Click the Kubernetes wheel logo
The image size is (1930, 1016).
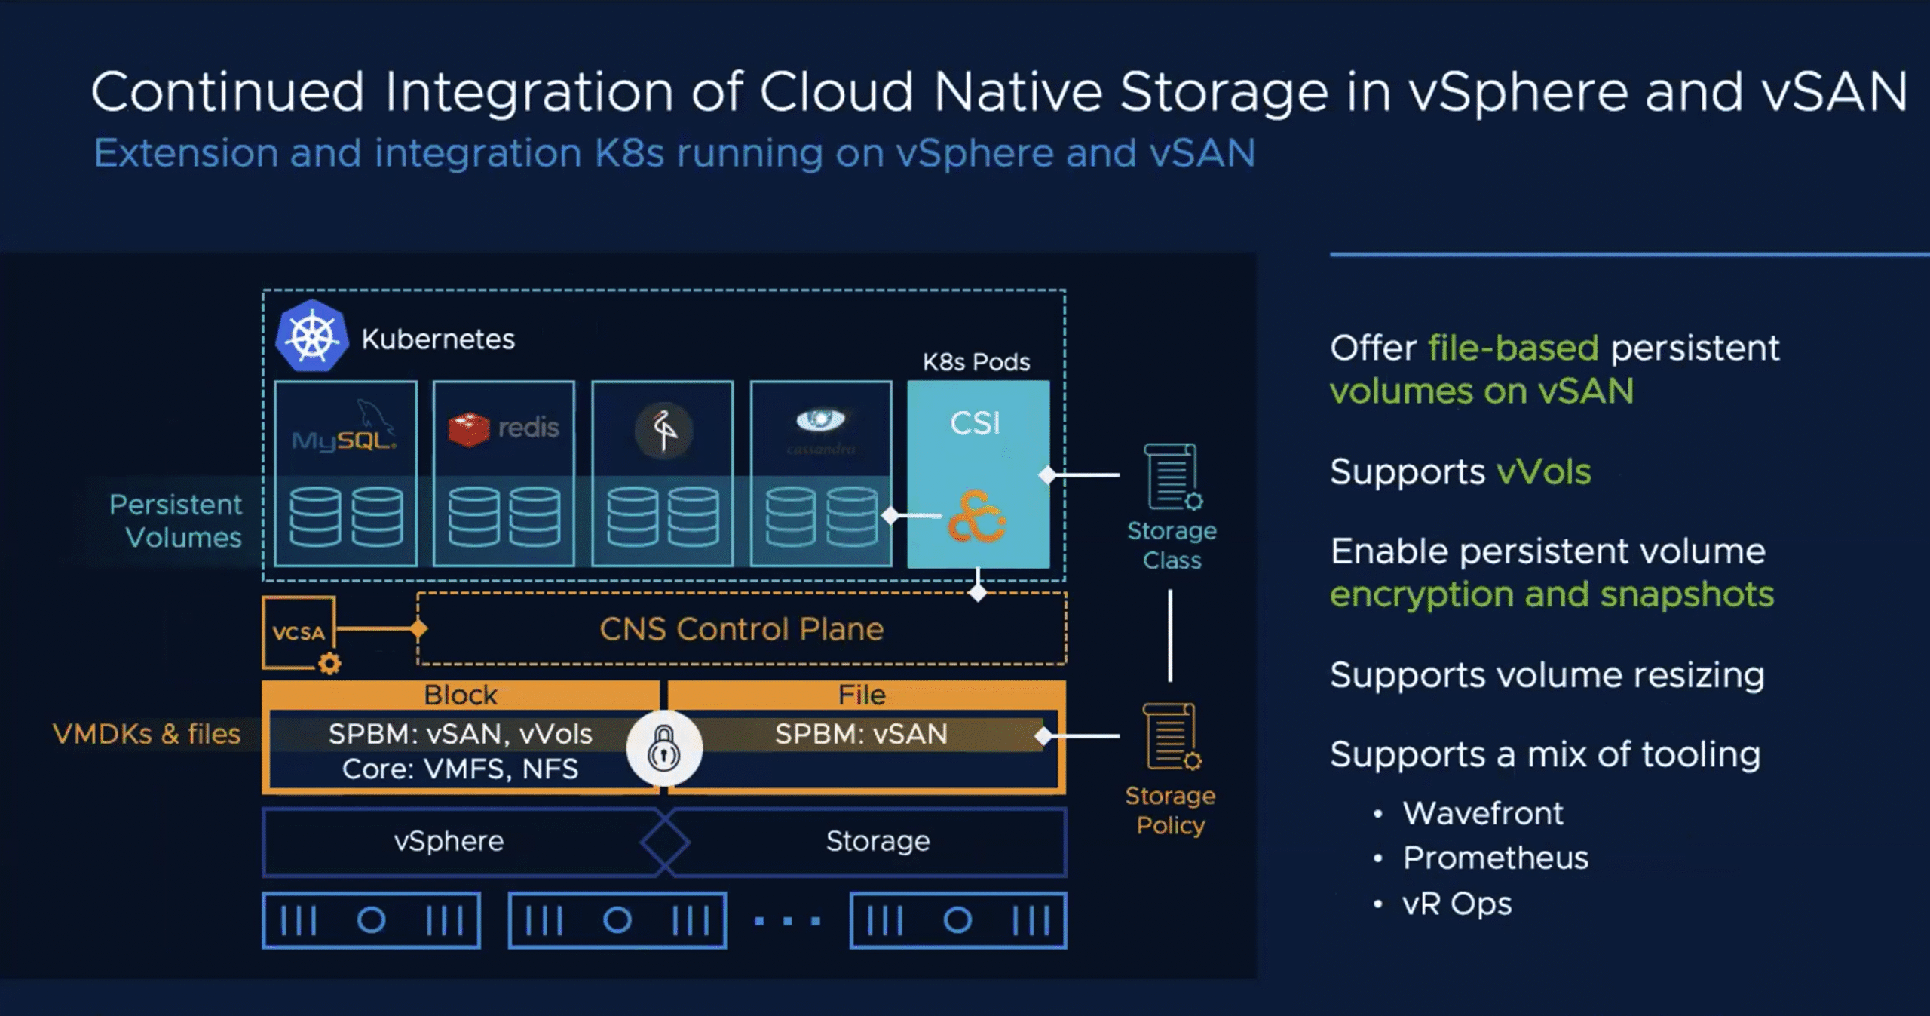(x=312, y=336)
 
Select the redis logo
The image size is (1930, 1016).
(x=504, y=428)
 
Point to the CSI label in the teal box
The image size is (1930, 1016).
(x=976, y=423)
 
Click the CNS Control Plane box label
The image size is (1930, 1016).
(x=741, y=629)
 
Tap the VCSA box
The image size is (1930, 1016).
(x=299, y=632)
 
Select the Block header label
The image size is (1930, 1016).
(x=461, y=695)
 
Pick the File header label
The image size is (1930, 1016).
(x=862, y=695)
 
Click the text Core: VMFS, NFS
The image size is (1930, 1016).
(x=460, y=769)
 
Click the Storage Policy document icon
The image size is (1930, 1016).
(x=1171, y=737)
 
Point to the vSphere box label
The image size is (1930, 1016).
(x=449, y=841)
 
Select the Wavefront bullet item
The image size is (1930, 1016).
(x=1482, y=813)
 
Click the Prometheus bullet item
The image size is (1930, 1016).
(x=1495, y=858)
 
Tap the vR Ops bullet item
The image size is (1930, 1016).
(x=1457, y=904)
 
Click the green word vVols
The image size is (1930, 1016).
(x=1543, y=472)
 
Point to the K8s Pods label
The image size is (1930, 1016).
(x=976, y=362)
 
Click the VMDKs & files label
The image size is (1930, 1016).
(x=146, y=734)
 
